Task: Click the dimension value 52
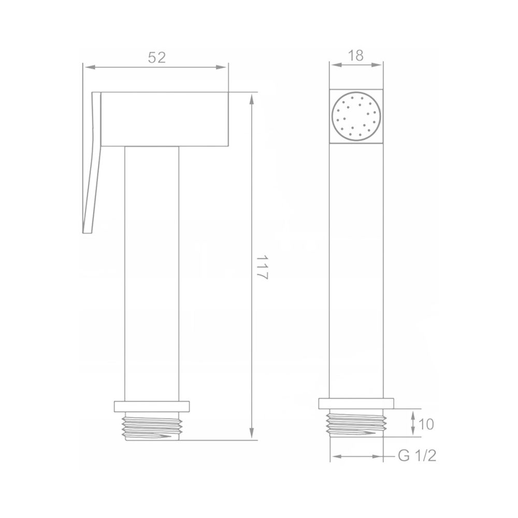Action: (156, 57)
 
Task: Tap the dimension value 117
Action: (262, 267)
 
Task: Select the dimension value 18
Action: (356, 55)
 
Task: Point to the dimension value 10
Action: (426, 424)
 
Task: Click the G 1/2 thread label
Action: (417, 456)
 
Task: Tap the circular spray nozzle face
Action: (356, 116)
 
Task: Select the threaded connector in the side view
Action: (152, 426)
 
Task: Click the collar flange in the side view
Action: (152, 407)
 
